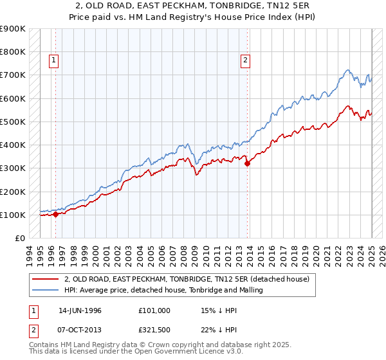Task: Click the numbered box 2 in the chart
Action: click(246, 61)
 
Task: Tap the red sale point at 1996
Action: click(55, 215)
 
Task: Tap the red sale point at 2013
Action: click(248, 163)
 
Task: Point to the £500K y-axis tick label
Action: click(13, 122)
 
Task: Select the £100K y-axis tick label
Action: click(13, 215)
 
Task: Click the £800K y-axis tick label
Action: click(13, 51)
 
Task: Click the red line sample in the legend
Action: click(44, 280)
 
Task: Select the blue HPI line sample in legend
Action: click(44, 290)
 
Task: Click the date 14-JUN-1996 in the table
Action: click(80, 310)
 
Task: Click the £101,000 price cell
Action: click(154, 310)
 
